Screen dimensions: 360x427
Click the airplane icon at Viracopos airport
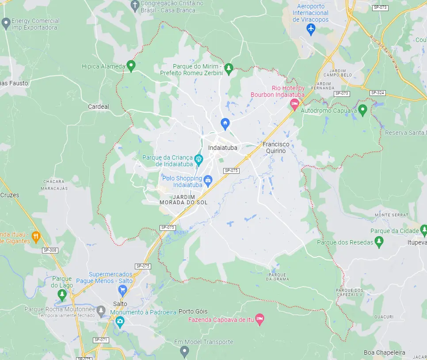tap(311, 29)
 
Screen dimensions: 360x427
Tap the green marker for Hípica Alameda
tap(130, 66)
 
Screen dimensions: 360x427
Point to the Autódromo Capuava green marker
tap(362, 109)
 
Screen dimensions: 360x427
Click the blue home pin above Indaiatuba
tap(225, 123)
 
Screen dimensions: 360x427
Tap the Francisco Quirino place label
tap(276, 148)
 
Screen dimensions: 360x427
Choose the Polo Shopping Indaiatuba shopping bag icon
tap(208, 180)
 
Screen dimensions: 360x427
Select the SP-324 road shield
tap(377, 93)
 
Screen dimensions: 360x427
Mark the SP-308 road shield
tap(50, 250)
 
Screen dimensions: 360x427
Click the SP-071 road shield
tap(101, 340)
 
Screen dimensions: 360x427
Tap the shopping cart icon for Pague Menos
tap(122, 290)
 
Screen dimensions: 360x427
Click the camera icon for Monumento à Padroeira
tap(120, 322)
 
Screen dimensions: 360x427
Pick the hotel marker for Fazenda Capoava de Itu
tap(260, 318)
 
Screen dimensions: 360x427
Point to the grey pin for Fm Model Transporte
tap(185, 351)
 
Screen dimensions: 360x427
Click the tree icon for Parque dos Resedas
tap(378, 241)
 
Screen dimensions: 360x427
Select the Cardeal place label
tap(98, 107)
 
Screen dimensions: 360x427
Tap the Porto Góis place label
tap(193, 311)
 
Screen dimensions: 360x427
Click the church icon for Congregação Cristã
tap(135, 6)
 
